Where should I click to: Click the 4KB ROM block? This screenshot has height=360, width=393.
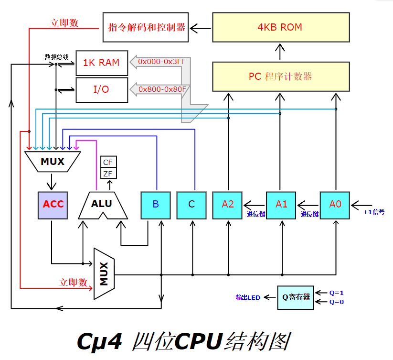280,27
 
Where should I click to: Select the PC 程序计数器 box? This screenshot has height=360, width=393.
280,76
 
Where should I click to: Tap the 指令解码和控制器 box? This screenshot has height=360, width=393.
146,27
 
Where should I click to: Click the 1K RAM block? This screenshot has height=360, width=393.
102,63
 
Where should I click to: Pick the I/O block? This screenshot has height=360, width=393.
102,89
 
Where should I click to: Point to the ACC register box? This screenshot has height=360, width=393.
53,205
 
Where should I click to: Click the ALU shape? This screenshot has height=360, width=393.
102,205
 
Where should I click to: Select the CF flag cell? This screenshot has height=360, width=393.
108,162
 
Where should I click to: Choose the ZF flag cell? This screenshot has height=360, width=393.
108,173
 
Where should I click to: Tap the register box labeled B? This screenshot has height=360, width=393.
156,205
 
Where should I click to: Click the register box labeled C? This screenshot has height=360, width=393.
191,205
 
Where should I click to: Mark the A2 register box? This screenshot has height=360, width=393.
228,205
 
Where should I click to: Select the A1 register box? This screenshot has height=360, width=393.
282,205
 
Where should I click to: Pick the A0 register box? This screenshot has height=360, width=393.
335,205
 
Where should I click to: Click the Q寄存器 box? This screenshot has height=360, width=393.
296,297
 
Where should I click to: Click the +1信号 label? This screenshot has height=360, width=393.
374,211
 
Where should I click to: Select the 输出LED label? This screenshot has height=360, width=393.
248,297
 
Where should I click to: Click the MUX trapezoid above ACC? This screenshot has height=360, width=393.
53,162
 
